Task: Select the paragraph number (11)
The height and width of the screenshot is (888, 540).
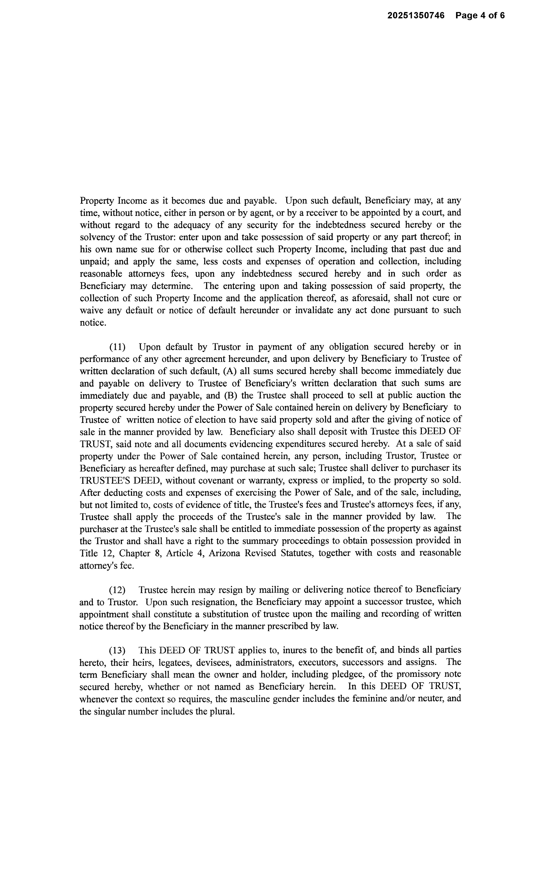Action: click(117, 347)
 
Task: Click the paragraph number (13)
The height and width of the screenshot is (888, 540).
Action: click(117, 650)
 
